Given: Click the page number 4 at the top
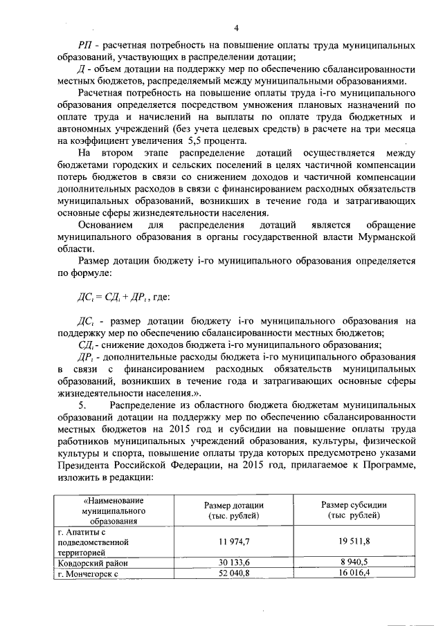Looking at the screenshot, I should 236,28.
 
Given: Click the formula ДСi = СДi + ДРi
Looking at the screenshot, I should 120,297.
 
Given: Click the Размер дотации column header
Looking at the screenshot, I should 233,510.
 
